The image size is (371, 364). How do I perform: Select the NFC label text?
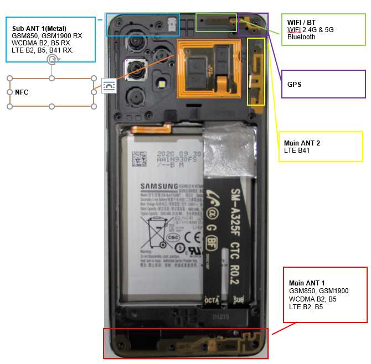[x=21, y=92]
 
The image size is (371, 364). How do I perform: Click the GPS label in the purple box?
[x=295, y=85]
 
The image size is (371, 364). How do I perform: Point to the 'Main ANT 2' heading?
[x=302, y=143]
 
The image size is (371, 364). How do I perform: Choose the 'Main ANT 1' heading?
[x=307, y=283]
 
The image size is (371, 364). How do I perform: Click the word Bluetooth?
[x=301, y=37]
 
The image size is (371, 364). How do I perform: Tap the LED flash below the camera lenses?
[x=162, y=84]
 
